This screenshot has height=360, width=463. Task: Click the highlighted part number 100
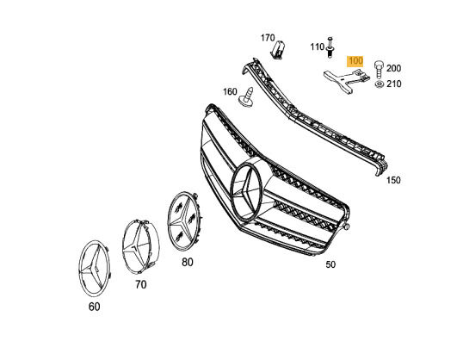click(x=355, y=61)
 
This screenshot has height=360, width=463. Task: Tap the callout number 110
click(x=318, y=47)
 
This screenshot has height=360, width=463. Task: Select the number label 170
click(x=268, y=38)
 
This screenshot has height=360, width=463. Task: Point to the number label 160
click(x=230, y=91)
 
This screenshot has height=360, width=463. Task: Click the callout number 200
click(x=394, y=68)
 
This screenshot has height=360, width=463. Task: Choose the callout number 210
click(x=394, y=84)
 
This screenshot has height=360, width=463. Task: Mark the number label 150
click(x=393, y=180)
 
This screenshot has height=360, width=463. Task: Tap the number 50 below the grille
click(x=330, y=264)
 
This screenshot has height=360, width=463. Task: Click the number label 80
click(x=188, y=262)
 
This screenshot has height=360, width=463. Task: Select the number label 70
click(x=141, y=284)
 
